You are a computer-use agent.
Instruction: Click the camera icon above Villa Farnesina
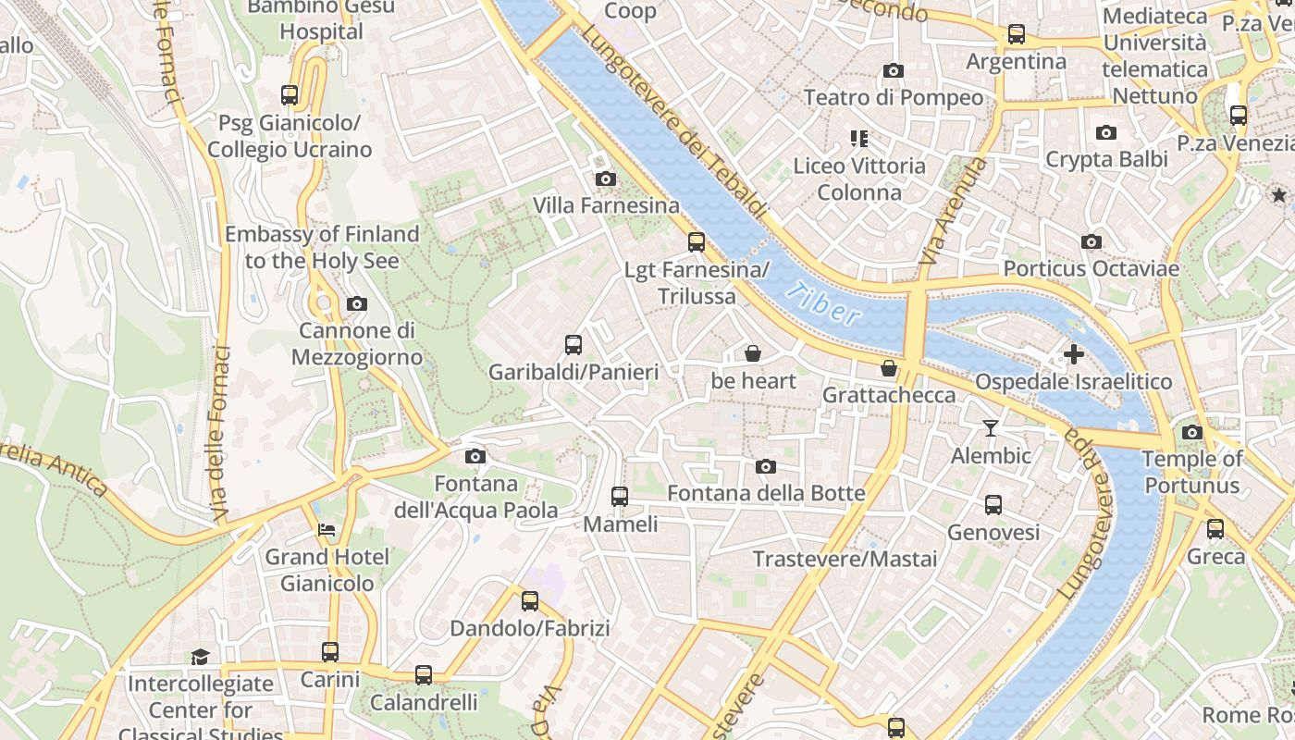click(x=606, y=179)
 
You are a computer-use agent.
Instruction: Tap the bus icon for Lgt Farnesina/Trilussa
click(x=697, y=242)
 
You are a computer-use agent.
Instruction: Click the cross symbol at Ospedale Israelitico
click(x=1073, y=354)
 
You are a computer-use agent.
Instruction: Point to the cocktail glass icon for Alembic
click(x=991, y=427)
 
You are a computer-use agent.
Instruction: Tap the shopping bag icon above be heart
click(x=753, y=353)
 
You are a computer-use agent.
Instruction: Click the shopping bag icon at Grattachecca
click(x=889, y=368)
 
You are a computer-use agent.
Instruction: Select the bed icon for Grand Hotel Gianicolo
click(x=327, y=530)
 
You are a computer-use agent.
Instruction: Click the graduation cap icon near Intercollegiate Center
click(x=200, y=657)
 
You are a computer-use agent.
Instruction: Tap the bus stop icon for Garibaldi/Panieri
click(x=573, y=345)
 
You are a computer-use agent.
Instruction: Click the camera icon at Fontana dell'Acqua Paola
click(x=475, y=456)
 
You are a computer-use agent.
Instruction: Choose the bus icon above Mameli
click(x=620, y=497)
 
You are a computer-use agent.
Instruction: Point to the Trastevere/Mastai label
click(x=845, y=559)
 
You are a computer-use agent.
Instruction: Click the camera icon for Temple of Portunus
click(x=1191, y=432)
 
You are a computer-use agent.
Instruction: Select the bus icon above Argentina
click(x=1017, y=34)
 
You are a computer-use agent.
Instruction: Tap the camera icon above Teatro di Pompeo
click(x=893, y=70)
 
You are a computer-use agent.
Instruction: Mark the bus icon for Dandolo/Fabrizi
click(x=530, y=601)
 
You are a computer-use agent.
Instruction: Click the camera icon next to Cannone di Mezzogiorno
click(x=356, y=303)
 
